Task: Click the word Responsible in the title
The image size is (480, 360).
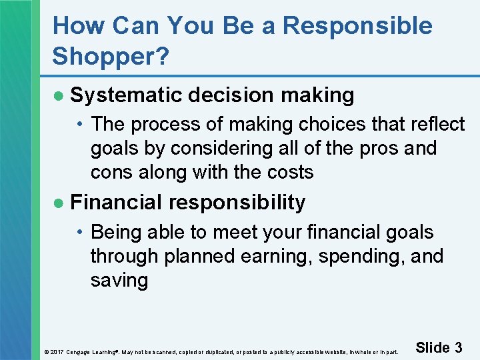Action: (x=357, y=26)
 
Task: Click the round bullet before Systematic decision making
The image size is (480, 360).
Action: (x=59, y=96)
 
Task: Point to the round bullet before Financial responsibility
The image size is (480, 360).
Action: (x=59, y=203)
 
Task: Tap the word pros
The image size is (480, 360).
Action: (x=379, y=148)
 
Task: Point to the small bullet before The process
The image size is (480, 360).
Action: (x=80, y=125)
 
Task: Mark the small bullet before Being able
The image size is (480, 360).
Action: (x=80, y=233)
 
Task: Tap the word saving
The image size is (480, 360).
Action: (x=119, y=281)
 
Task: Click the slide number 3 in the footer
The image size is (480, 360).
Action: (x=458, y=347)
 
